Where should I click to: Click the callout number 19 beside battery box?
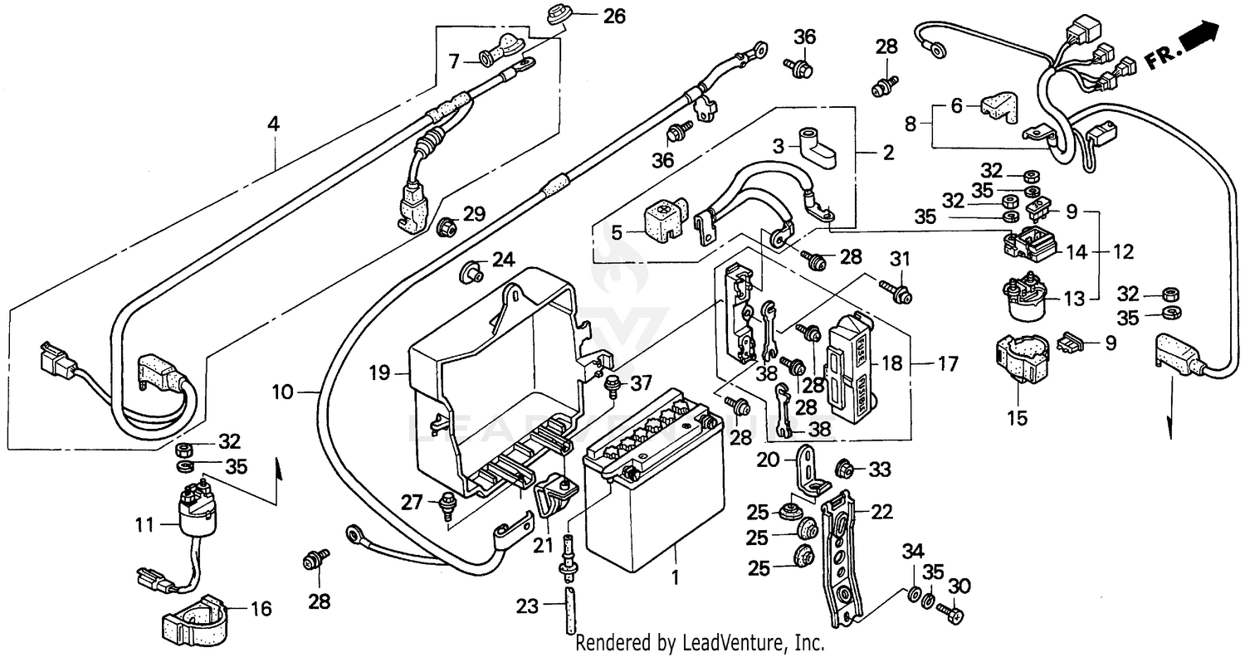(x=378, y=373)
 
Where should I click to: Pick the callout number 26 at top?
(x=614, y=15)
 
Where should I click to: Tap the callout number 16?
(x=261, y=610)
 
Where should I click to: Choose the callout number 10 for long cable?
(x=283, y=392)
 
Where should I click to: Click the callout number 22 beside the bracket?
(x=881, y=513)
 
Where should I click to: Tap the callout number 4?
(x=273, y=125)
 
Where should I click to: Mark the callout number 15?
(x=1017, y=418)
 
